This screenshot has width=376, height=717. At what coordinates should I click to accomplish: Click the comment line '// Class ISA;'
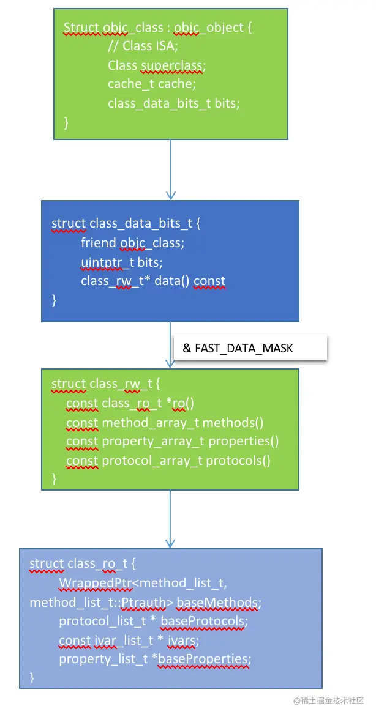142,46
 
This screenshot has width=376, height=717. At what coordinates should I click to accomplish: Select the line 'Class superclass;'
157,65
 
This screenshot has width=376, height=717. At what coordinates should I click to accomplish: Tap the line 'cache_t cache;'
152,84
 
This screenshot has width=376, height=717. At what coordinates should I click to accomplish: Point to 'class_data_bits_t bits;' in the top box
174,103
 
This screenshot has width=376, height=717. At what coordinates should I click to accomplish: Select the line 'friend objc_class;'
132,243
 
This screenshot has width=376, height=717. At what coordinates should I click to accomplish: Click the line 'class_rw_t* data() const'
153,281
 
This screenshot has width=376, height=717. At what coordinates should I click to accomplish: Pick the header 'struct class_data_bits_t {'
126,223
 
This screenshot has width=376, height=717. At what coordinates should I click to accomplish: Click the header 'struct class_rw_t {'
105,384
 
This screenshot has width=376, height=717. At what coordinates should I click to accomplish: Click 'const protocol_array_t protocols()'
168,460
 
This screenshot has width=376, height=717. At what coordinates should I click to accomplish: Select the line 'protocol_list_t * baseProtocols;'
153,622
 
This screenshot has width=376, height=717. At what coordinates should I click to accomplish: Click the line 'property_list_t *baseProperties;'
155,659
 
